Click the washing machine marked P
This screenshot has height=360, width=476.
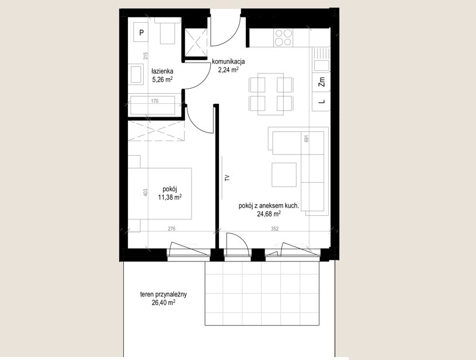pyautogui.click(x=141, y=33)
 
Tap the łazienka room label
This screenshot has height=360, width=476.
pyautogui.click(x=162, y=72)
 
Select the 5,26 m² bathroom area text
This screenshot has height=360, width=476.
pyautogui.click(x=162, y=80)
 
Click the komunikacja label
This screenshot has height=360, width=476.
pyautogui.click(x=228, y=62)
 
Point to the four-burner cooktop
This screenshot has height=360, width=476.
pyautogui.click(x=283, y=37)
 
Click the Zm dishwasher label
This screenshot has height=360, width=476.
pyautogui.click(x=322, y=82)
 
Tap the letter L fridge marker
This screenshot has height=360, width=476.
pyautogui.click(x=322, y=102)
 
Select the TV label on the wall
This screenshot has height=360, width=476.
pyautogui.click(x=227, y=178)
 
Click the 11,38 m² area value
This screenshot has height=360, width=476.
pyautogui.click(x=170, y=197)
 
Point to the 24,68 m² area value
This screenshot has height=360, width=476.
pyautogui.click(x=269, y=214)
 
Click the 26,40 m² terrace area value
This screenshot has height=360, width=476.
pyautogui.click(x=164, y=302)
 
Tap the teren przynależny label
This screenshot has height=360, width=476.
pyautogui.click(x=164, y=294)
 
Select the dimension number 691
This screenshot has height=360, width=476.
pyautogui.click(x=306, y=139)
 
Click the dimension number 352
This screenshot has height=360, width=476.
pyautogui.click(x=275, y=229)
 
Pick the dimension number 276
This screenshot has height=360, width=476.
pyautogui.click(x=172, y=229)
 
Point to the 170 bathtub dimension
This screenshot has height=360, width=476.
pyautogui.click(x=155, y=101)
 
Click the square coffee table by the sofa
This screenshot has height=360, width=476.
pyautogui.click(x=284, y=174)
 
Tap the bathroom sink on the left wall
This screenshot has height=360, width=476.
pyautogui.click(x=135, y=74)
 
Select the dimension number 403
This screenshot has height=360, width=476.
pyautogui.click(x=145, y=193)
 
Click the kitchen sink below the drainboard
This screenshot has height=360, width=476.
pyautogui.click(x=321, y=65)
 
